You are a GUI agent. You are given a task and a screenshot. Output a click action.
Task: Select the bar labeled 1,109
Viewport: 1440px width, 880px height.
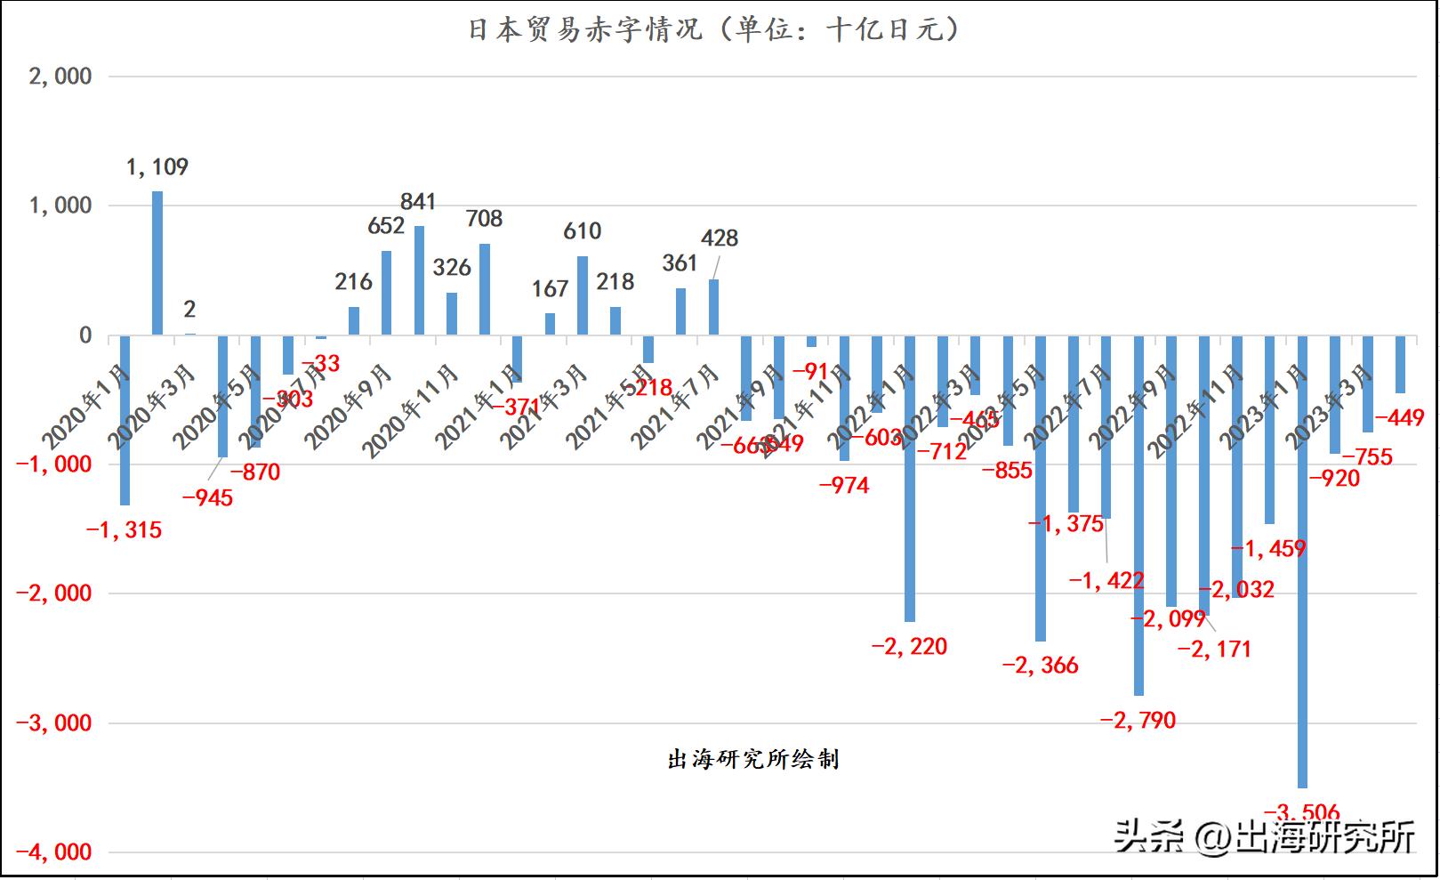click(157, 262)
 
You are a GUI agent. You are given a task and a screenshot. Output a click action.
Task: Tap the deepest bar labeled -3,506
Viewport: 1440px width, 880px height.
click(1302, 561)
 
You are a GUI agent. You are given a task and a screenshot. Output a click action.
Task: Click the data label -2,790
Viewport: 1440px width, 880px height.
click(1138, 720)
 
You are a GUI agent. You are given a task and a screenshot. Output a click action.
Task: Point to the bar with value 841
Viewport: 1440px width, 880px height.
click(419, 280)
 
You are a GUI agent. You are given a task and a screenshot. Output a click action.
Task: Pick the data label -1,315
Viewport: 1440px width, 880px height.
click(125, 530)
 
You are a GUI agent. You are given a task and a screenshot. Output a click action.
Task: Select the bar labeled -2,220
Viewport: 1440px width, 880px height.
click(910, 478)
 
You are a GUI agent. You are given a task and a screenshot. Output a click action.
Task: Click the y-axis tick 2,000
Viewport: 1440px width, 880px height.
click(60, 77)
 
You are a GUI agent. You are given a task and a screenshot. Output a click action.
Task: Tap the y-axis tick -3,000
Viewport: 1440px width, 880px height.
click(54, 723)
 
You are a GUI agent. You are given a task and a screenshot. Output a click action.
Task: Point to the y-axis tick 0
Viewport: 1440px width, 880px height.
click(85, 335)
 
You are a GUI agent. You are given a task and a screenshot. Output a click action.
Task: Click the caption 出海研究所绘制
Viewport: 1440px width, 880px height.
click(752, 759)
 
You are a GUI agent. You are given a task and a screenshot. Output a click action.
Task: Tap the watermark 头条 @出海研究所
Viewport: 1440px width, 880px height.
click(1264, 837)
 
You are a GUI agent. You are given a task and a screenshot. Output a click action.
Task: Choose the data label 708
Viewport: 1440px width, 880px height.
click(484, 219)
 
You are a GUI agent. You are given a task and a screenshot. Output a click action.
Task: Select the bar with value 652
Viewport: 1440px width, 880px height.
click(386, 293)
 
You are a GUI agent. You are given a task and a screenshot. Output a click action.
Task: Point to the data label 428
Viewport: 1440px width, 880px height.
click(720, 238)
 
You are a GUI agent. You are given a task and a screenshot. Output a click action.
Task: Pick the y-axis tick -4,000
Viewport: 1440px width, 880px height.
click(54, 852)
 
